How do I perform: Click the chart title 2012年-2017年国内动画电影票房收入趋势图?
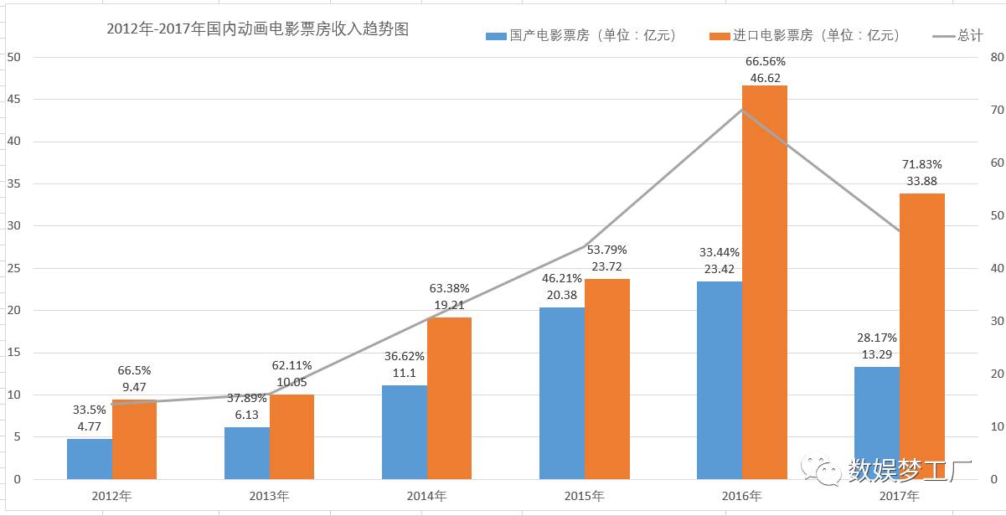(258, 29)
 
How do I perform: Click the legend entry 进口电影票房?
(805, 35)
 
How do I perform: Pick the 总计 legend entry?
(958, 35)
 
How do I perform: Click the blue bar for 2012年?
(90, 459)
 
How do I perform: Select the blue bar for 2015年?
(562, 393)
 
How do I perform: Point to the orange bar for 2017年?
(921, 336)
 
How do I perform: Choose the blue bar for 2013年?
(247, 453)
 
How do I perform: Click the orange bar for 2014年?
(449, 398)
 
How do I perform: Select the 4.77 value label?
(90, 426)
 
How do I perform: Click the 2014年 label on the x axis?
(426, 496)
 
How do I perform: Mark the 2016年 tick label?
(741, 496)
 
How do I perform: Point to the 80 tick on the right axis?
(996, 57)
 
